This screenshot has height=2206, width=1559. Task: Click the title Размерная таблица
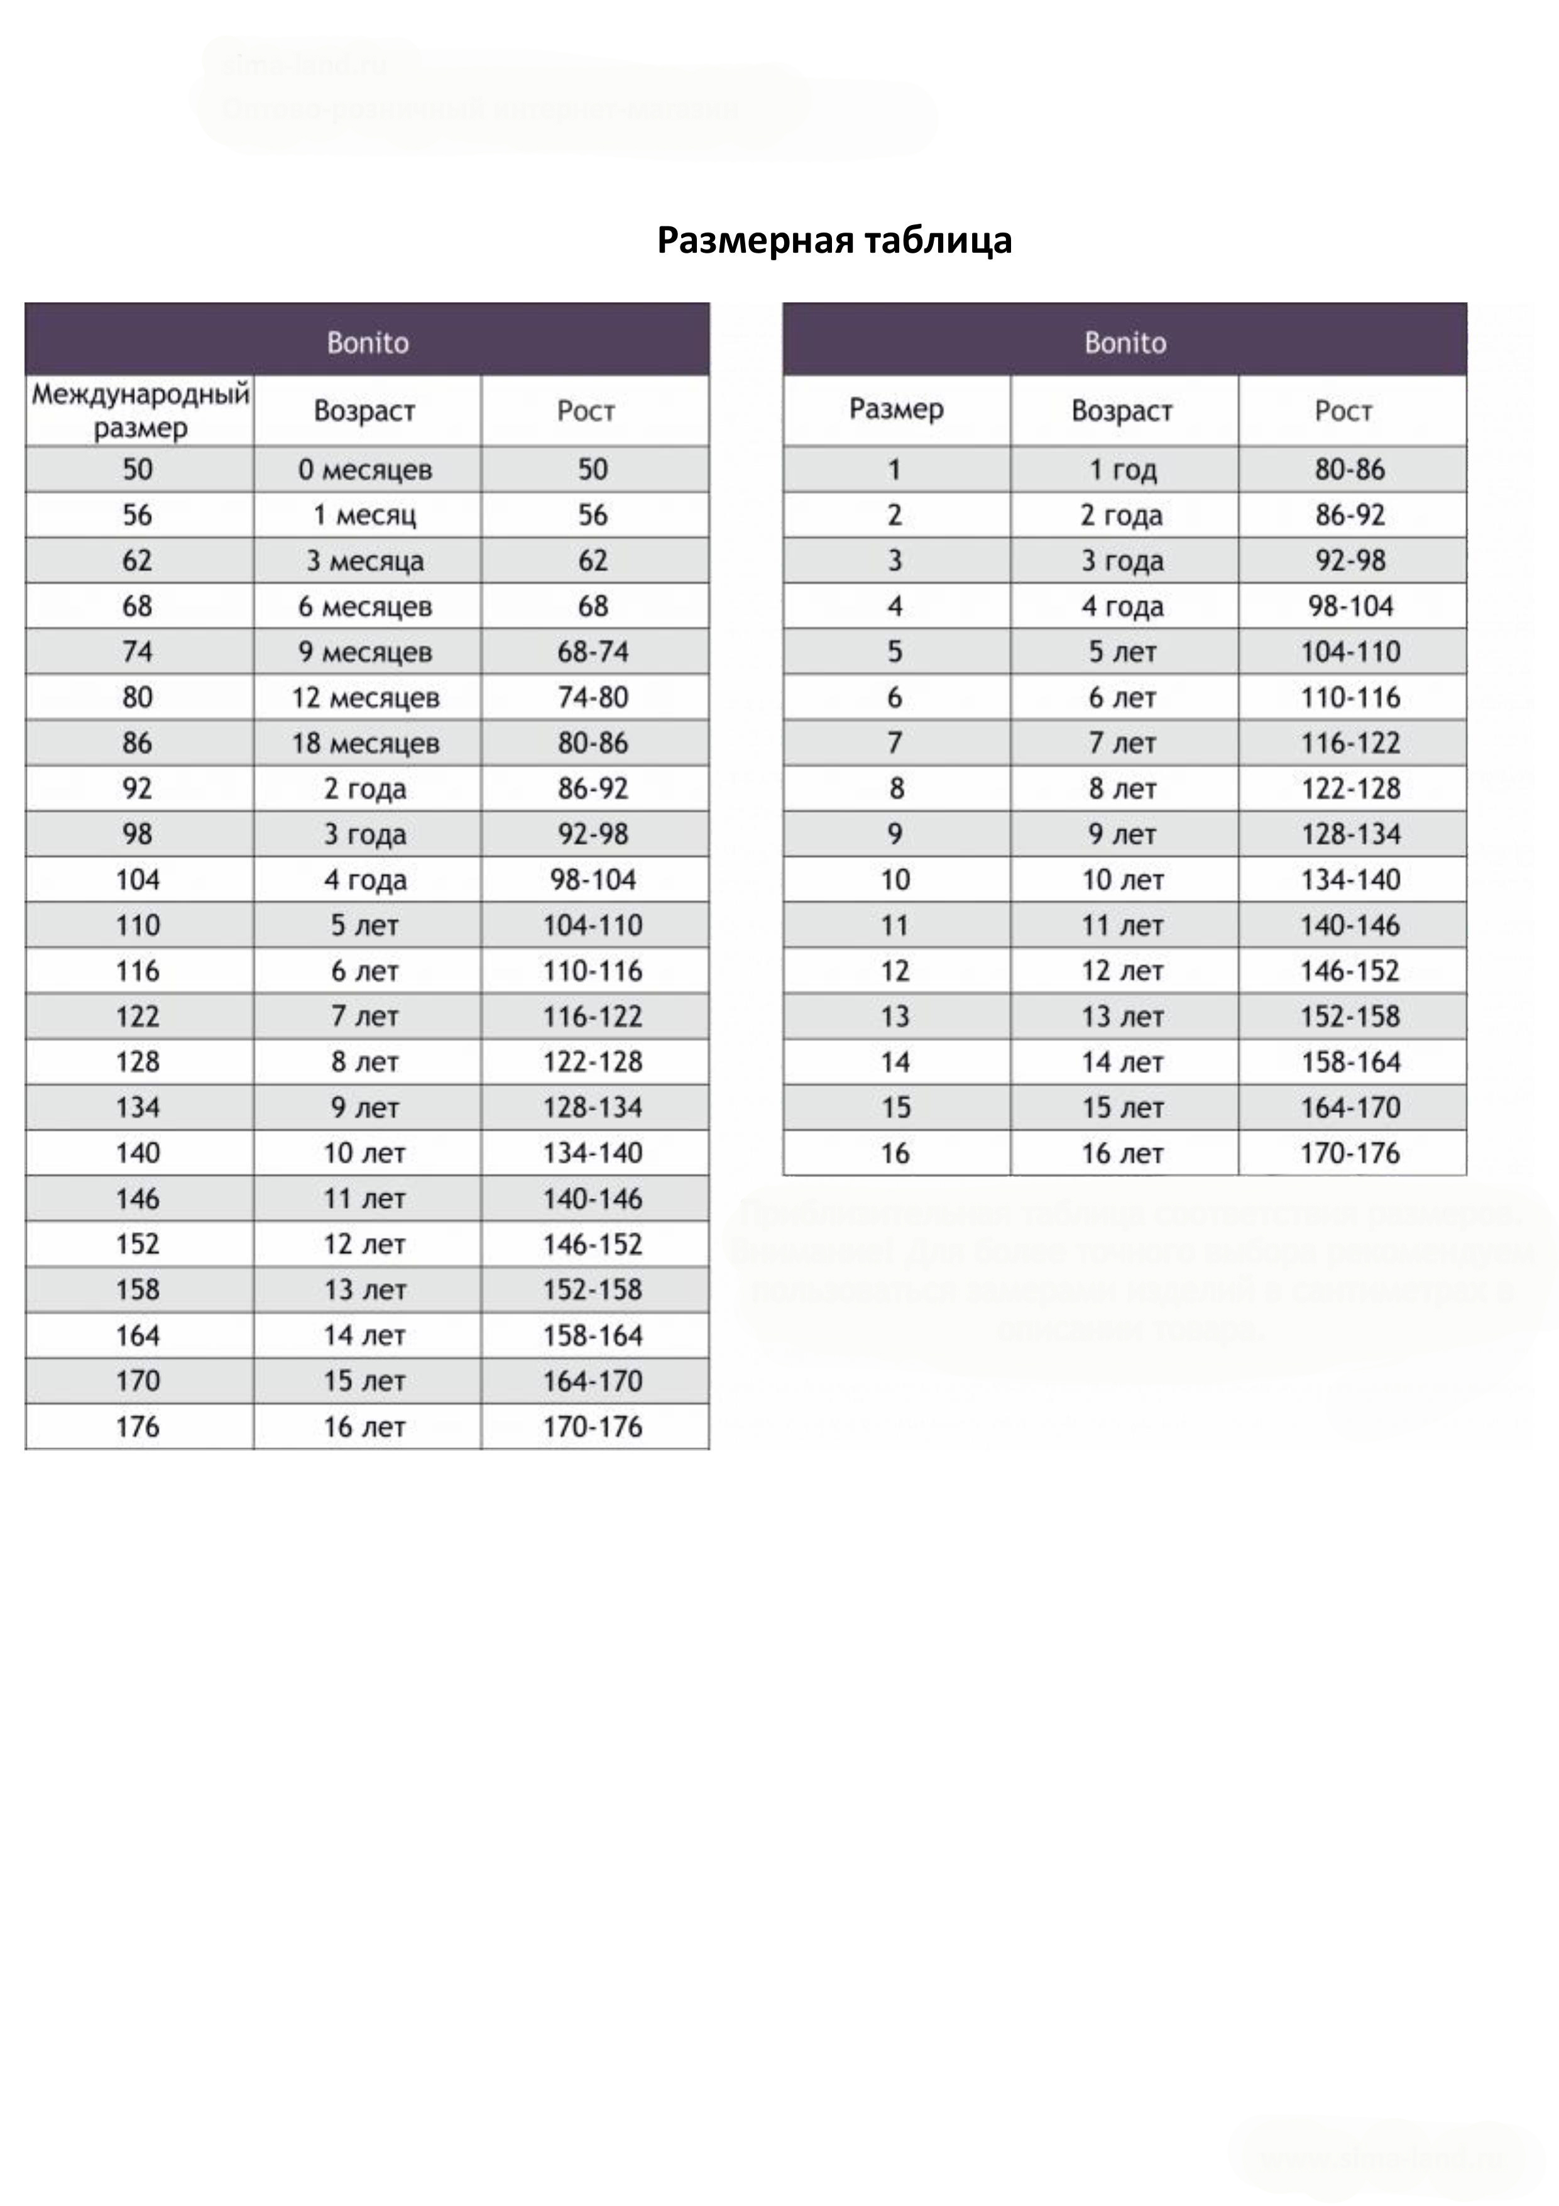click(x=834, y=240)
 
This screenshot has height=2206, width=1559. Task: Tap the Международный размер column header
click(x=140, y=411)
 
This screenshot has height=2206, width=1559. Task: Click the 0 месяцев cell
click(x=365, y=470)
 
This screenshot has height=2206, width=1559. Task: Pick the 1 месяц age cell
click(x=365, y=515)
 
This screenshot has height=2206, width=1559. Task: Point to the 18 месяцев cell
click(x=365, y=742)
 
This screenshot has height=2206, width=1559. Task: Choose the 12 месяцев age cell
click(x=365, y=698)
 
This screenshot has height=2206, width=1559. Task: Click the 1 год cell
click(x=1123, y=470)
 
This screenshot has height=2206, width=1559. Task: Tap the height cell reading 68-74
click(x=593, y=651)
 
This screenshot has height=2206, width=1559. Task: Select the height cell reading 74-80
click(x=593, y=698)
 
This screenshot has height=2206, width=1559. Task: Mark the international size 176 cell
click(x=138, y=1427)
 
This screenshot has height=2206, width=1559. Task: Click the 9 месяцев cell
click(x=365, y=651)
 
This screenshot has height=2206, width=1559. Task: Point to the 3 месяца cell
click(x=365, y=561)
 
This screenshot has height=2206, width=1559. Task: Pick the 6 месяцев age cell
click(x=365, y=606)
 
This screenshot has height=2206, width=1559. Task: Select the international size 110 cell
click(x=138, y=925)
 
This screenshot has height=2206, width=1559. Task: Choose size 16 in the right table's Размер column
click(x=895, y=1153)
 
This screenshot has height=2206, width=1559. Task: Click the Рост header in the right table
click(x=1343, y=411)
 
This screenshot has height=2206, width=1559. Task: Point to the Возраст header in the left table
click(x=365, y=411)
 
